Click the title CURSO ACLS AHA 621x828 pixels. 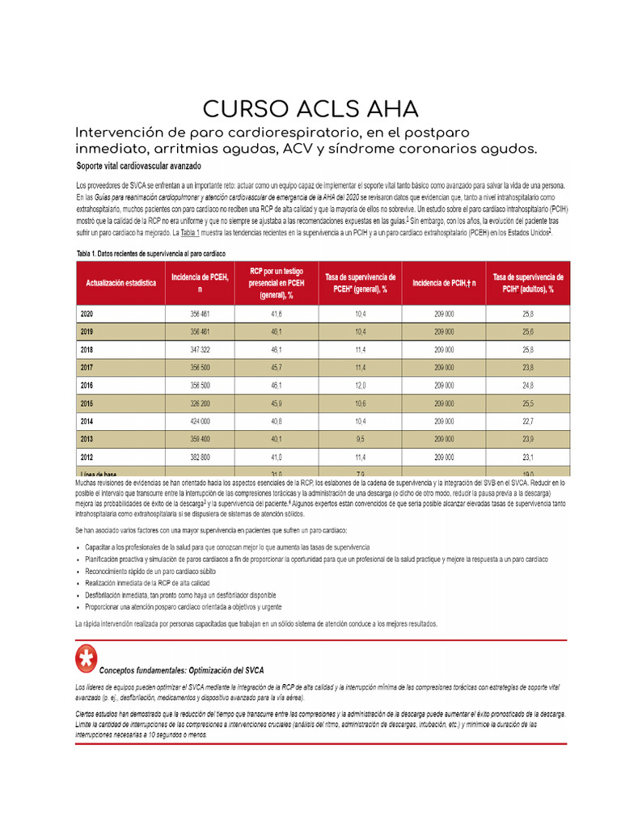pos(310,109)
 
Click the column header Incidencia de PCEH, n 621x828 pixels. pos(200,283)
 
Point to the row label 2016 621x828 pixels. pos(87,386)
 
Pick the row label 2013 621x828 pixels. pos(87,439)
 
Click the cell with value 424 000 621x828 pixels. pos(200,421)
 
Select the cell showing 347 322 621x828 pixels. pos(200,349)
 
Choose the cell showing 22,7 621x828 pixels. pos(528,421)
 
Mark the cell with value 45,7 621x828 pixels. pos(277,367)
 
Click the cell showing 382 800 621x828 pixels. pos(200,457)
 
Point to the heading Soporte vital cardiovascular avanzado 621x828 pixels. pos(138,166)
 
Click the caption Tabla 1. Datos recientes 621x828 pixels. pos(150,253)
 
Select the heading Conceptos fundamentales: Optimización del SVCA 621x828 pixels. pos(181,670)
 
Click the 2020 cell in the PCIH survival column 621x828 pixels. pos(528,314)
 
